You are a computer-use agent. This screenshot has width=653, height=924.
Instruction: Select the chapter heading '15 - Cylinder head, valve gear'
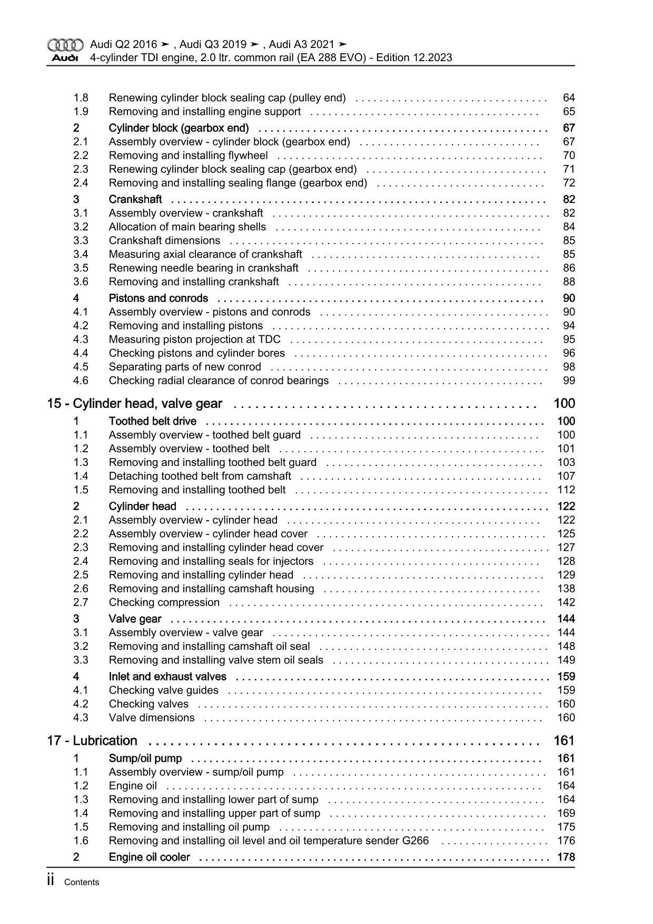tap(134, 404)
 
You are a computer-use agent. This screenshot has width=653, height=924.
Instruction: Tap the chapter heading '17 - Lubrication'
tap(92, 741)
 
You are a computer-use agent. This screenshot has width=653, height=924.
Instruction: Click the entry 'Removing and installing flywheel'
tap(188, 155)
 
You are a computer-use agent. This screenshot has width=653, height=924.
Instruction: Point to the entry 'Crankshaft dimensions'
tap(164, 241)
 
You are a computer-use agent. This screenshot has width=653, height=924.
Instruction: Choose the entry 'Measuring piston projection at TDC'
tap(194, 339)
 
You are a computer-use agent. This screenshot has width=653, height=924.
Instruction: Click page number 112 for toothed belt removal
tap(566, 490)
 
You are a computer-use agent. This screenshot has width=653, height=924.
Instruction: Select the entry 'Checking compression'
tap(164, 602)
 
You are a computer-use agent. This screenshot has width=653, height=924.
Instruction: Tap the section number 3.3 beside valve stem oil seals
tap(81, 660)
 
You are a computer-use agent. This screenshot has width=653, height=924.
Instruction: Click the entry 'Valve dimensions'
tap(152, 718)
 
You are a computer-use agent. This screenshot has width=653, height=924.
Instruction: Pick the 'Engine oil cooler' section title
tap(149, 858)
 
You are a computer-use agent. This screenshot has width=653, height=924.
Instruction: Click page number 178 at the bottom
tap(566, 858)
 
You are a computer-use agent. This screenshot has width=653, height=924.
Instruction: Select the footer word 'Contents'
tap(81, 882)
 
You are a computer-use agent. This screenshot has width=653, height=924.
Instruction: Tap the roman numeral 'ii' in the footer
tap(51, 881)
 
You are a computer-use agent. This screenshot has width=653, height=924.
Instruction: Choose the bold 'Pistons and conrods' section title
tap(158, 298)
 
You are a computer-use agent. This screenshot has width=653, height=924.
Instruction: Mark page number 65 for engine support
tap(569, 112)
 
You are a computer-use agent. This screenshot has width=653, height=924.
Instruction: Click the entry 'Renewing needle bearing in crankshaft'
tap(203, 268)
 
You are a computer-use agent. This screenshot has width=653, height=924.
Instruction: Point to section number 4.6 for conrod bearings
tap(81, 381)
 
